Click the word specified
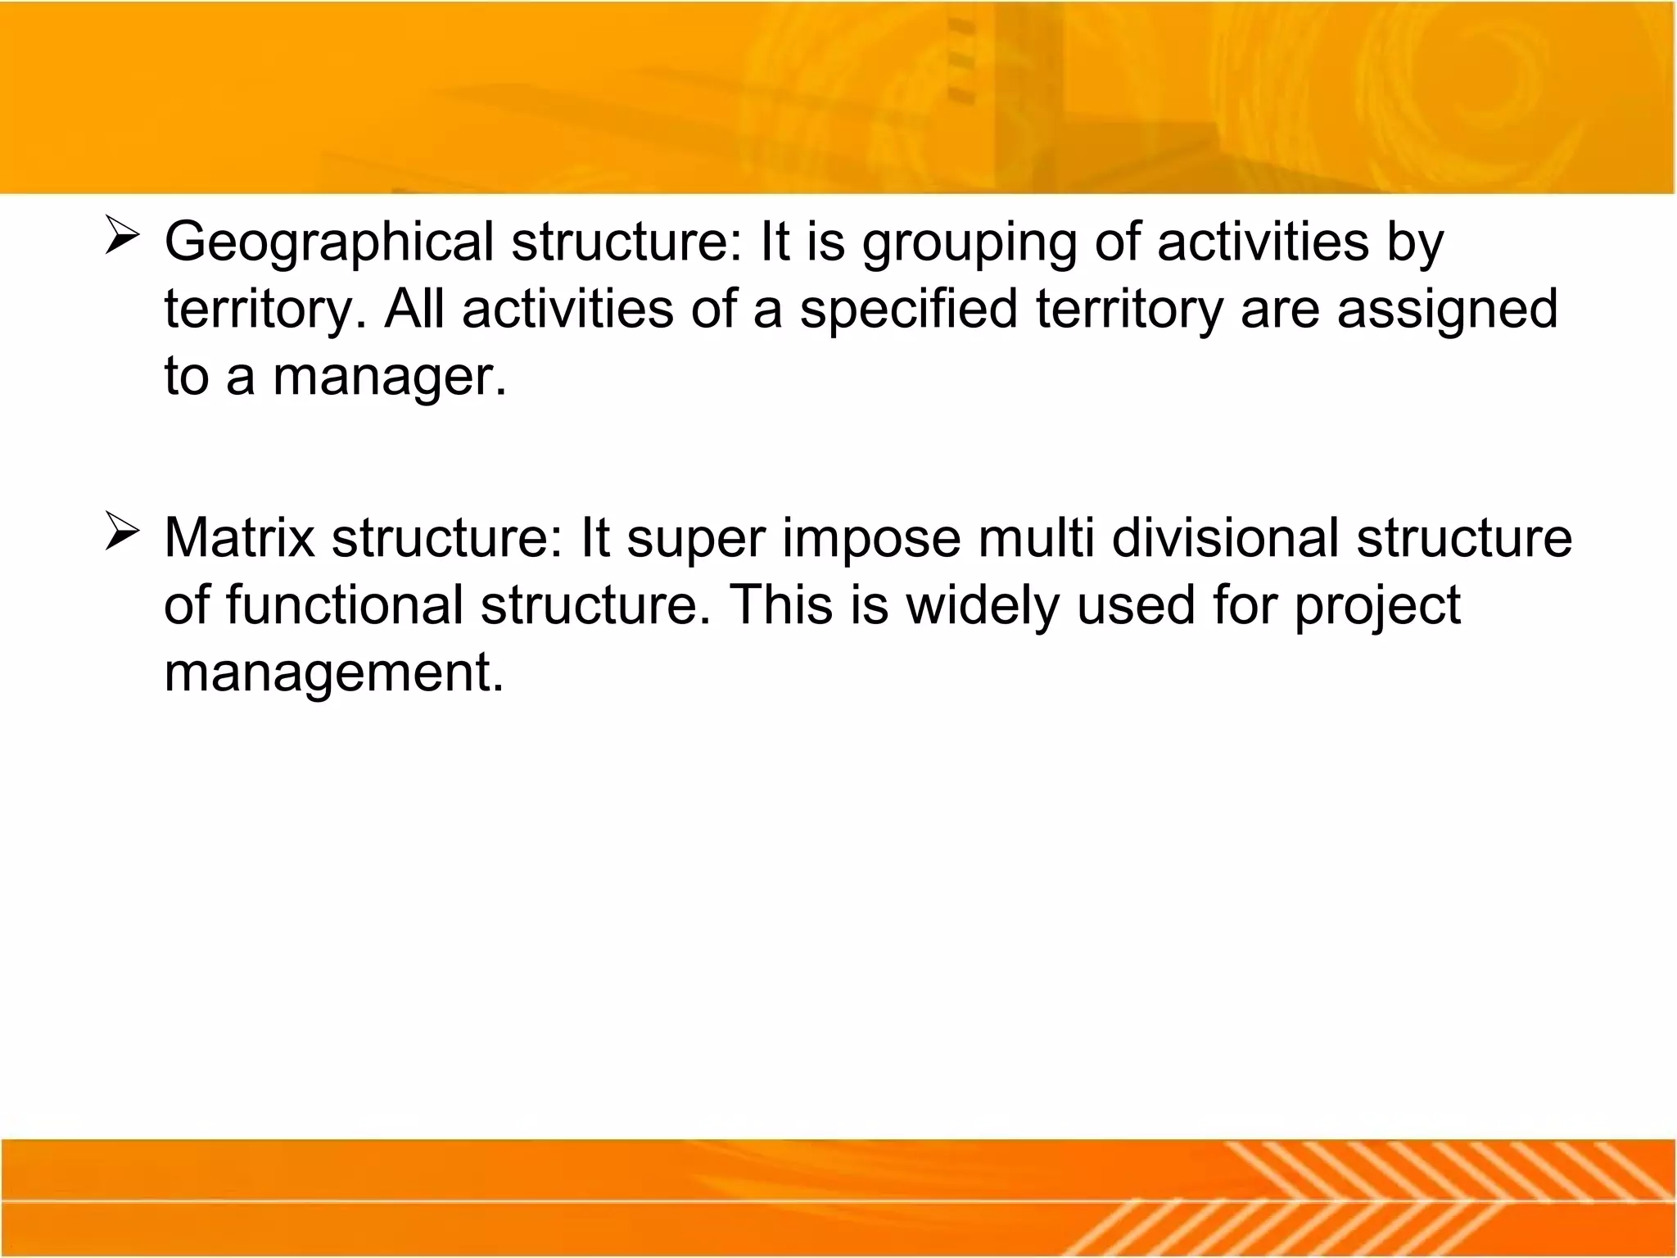tap(908, 310)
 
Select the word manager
tap(389, 378)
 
